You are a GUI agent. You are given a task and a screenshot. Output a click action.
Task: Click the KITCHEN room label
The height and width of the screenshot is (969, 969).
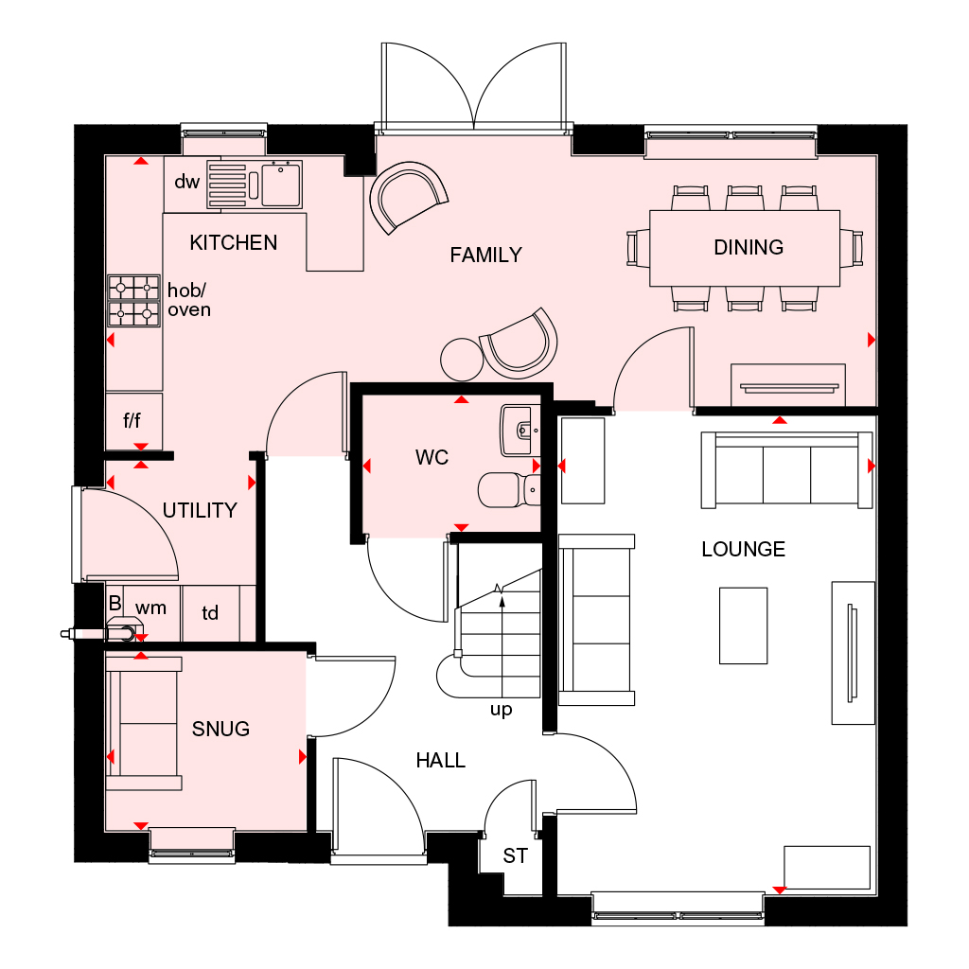(233, 243)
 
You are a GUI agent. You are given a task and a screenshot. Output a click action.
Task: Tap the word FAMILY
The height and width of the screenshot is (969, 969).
(485, 255)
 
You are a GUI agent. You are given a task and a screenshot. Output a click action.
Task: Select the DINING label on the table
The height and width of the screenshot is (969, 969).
(749, 248)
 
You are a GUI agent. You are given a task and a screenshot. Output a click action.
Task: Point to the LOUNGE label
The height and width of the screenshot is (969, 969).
(743, 549)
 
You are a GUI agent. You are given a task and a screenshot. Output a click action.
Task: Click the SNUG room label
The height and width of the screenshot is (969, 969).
(220, 729)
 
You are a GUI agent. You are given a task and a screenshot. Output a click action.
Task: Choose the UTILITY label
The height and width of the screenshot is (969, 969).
(199, 511)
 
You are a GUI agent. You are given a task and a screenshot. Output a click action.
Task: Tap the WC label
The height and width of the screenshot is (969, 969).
(432, 458)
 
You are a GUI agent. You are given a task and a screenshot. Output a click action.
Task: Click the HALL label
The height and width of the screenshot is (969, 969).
(441, 760)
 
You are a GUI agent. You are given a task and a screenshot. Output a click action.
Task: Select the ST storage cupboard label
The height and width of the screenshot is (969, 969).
(515, 856)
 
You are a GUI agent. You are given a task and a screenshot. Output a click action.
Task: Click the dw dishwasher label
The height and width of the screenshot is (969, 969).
(186, 182)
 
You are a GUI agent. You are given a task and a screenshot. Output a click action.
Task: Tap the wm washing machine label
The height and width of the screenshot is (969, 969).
(150, 607)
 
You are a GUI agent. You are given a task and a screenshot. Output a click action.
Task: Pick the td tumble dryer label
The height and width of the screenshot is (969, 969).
(210, 614)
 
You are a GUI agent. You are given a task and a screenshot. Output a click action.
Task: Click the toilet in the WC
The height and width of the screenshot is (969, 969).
(506, 490)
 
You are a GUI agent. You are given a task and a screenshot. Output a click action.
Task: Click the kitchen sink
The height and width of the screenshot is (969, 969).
(281, 184)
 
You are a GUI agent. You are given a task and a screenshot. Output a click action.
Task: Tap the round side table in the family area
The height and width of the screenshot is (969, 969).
(462, 359)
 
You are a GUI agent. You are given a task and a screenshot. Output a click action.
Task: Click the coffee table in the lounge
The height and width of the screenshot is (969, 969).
(743, 625)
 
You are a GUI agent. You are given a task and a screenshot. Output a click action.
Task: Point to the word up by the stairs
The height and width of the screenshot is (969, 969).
(501, 710)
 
